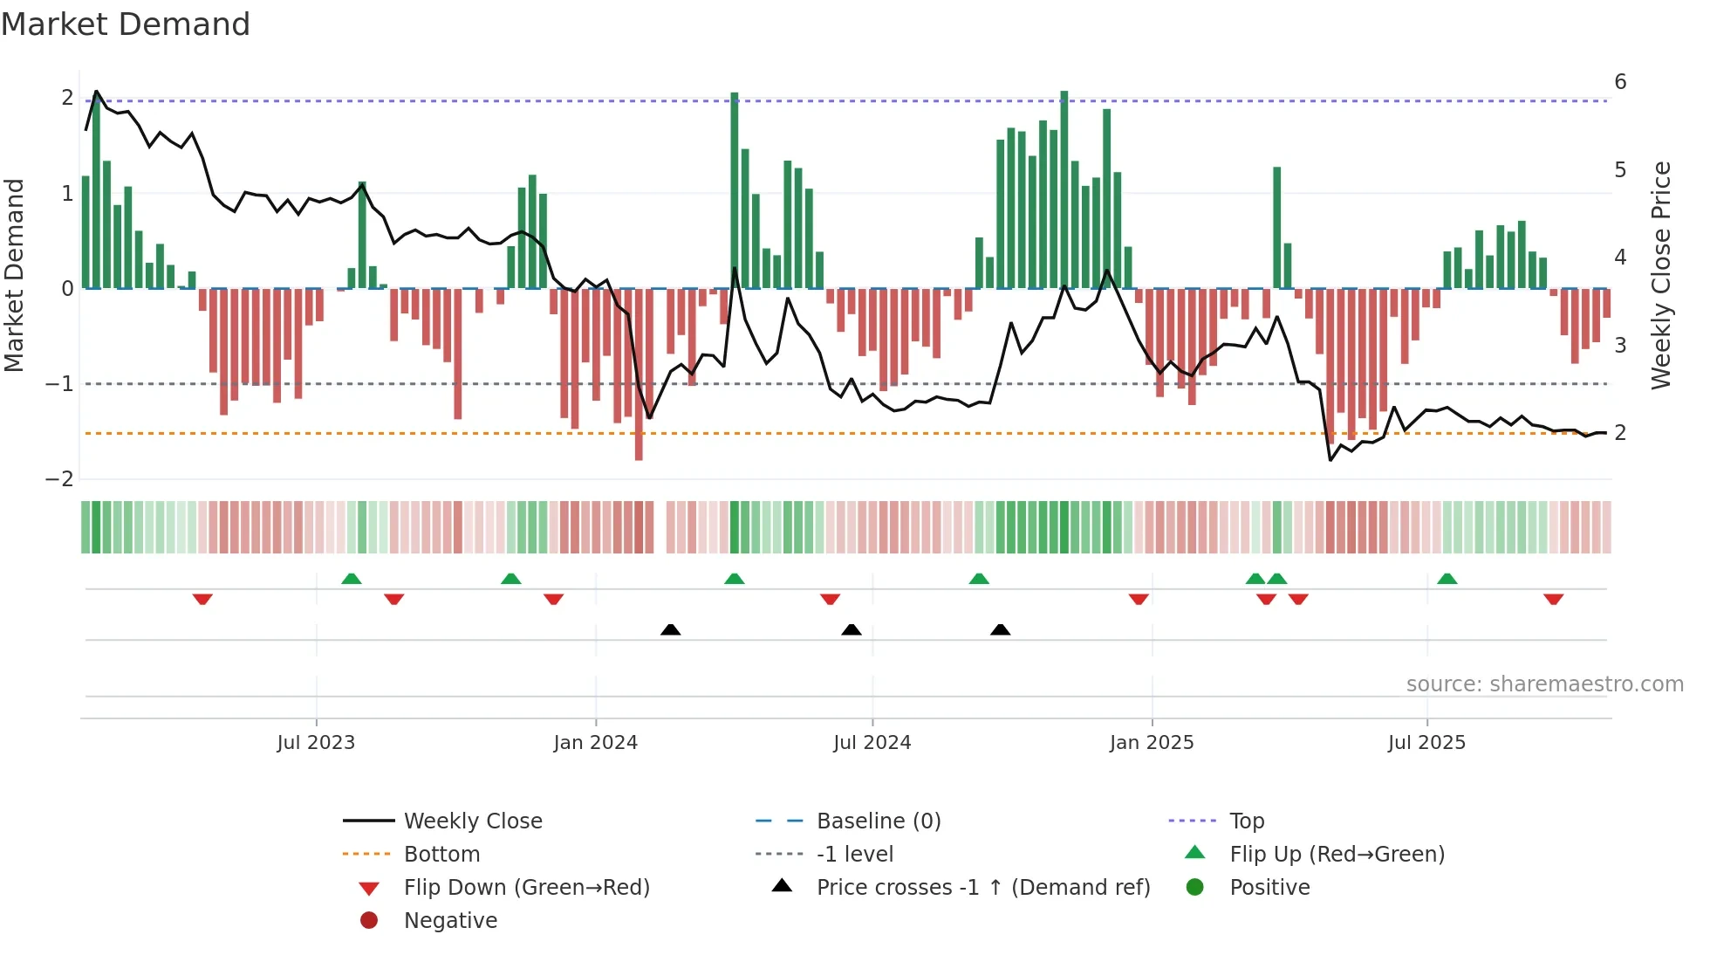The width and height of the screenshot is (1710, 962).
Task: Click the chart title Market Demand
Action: [126, 24]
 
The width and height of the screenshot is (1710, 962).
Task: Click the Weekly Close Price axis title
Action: [1661, 275]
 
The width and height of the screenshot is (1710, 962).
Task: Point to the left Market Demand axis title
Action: [14, 275]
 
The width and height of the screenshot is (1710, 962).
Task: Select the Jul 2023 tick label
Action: [316, 743]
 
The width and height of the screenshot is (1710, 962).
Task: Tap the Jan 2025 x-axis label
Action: [1152, 743]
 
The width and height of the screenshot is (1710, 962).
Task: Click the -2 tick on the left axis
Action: [60, 479]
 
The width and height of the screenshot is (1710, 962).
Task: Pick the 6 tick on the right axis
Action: [1620, 82]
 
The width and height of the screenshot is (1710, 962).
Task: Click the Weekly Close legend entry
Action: [472, 821]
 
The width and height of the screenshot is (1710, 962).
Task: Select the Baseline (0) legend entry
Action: [878, 821]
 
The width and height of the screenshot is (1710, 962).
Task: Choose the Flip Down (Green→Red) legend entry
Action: [526, 888]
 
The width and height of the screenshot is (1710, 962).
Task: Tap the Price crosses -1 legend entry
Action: [982, 888]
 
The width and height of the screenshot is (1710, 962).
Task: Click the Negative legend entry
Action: [450, 921]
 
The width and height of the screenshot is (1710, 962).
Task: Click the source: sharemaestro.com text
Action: [1544, 684]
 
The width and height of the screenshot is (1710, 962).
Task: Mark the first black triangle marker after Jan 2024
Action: [670, 629]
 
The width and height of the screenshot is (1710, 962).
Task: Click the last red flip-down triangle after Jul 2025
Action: [1553, 599]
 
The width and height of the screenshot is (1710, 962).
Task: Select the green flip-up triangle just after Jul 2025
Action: [1447, 579]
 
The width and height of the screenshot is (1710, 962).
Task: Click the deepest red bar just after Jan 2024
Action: [639, 375]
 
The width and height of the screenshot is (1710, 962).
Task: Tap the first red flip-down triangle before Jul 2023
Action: [202, 599]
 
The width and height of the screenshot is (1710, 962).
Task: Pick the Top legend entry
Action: [1246, 821]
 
